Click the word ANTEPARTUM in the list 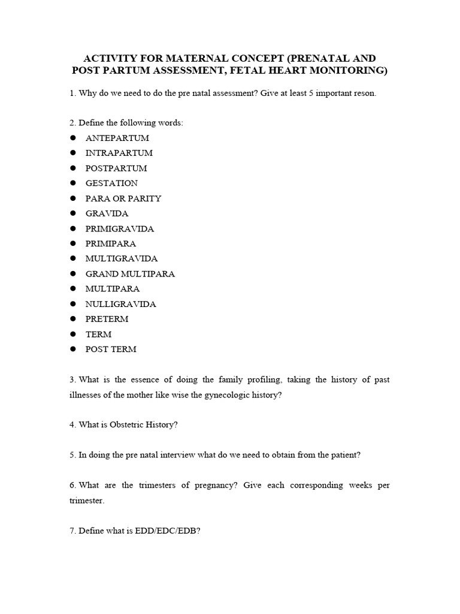[x=117, y=138]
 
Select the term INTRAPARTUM [x=119, y=153]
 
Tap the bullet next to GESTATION [x=73, y=183]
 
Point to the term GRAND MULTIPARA [x=130, y=274]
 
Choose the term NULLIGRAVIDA [x=120, y=304]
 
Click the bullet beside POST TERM [x=73, y=349]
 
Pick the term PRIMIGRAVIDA [x=120, y=228]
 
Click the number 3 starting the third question [x=72, y=380]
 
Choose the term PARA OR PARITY [x=123, y=198]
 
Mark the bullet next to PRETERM [x=73, y=319]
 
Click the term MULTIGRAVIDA [x=122, y=258]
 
